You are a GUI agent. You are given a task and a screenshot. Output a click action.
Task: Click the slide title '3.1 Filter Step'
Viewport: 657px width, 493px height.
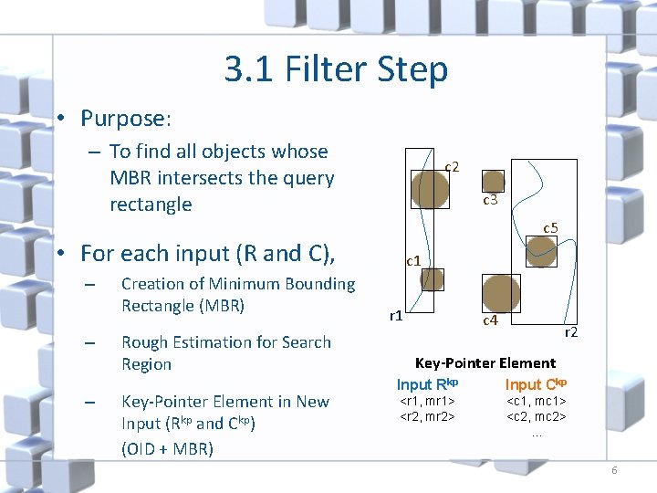coord(336,69)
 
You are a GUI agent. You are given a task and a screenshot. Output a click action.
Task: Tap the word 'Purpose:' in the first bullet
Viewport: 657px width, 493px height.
coord(126,119)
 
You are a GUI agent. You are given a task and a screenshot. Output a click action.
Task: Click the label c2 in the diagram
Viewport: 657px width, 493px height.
coord(452,166)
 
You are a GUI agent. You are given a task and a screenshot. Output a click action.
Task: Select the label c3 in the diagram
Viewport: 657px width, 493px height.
coord(490,200)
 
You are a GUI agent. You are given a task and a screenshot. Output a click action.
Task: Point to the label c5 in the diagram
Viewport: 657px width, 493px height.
coord(550,227)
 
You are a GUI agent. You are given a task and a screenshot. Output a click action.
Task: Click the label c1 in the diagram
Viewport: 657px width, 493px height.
coord(413,261)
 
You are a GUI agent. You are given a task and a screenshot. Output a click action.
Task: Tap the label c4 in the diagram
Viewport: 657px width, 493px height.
coord(490,320)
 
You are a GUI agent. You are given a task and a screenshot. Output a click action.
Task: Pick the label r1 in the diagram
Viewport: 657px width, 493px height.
coord(396,316)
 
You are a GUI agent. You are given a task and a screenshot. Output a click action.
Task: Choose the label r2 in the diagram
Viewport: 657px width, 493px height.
coord(570,332)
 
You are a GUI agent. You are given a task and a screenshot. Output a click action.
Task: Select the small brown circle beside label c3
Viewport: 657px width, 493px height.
coord(493,181)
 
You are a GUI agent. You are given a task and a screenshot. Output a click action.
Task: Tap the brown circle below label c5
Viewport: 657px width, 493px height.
coord(542,250)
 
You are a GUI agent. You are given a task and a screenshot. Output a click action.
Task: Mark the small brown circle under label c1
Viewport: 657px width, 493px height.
coord(432,279)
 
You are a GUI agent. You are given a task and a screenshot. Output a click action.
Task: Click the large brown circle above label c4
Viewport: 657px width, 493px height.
coord(501,292)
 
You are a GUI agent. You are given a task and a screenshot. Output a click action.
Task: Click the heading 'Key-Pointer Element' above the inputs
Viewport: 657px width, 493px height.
coord(485,362)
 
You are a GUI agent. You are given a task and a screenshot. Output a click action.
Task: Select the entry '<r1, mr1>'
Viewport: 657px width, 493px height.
coord(428,401)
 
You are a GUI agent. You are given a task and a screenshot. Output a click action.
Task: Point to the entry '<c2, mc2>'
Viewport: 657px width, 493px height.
coord(537,416)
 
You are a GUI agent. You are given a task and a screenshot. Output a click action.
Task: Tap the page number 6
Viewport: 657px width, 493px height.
coord(614,470)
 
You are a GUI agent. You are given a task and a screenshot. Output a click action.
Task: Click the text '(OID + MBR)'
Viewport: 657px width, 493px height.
coord(166,448)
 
